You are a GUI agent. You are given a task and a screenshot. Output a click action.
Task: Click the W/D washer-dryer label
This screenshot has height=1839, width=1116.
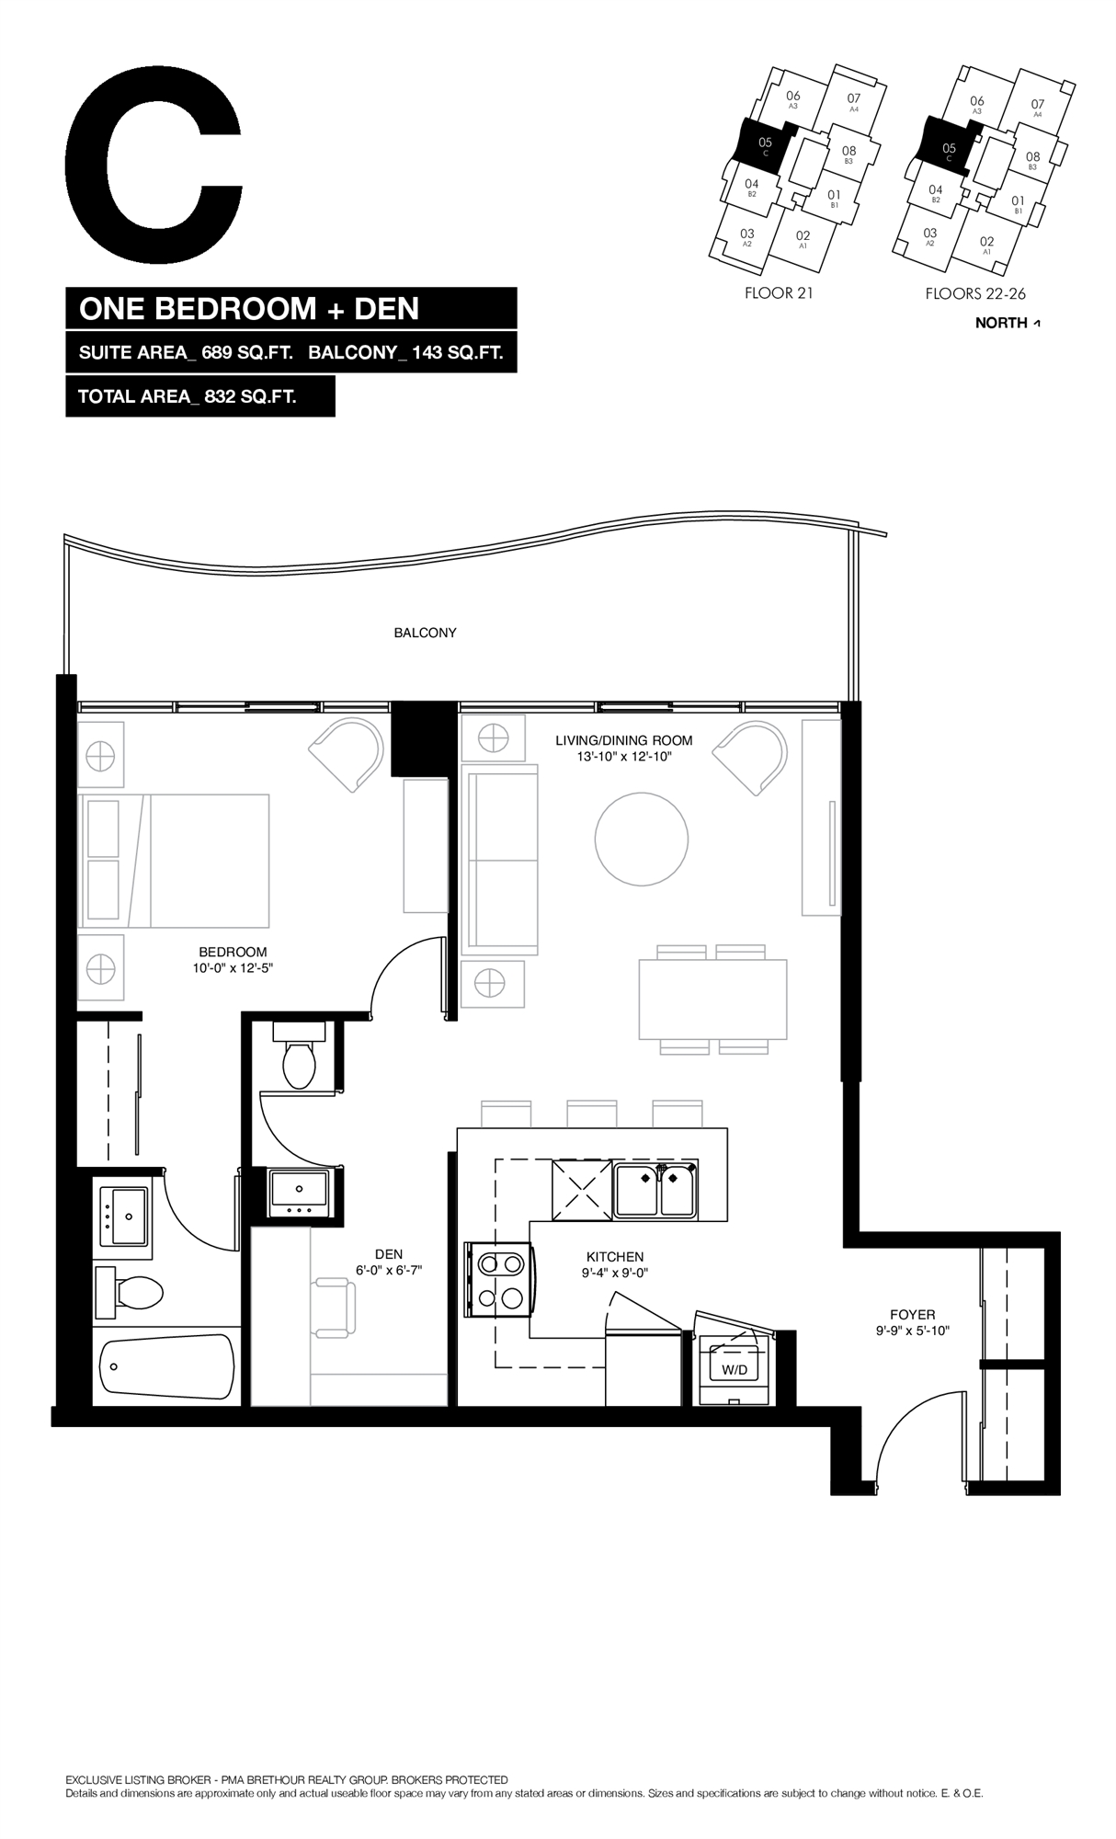pyautogui.click(x=735, y=1368)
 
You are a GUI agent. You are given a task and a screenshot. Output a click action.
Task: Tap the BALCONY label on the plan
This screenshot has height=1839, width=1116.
pyautogui.click(x=425, y=633)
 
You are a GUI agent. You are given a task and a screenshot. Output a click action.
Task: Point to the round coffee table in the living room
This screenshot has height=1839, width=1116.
pyautogui.click(x=642, y=840)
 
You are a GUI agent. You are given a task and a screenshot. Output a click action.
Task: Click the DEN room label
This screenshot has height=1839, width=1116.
pyautogui.click(x=389, y=1254)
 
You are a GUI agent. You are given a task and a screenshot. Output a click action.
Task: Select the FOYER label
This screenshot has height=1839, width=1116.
pyautogui.click(x=912, y=1315)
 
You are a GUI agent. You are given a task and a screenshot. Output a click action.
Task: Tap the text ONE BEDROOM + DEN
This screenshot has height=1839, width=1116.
pyautogui.click(x=249, y=308)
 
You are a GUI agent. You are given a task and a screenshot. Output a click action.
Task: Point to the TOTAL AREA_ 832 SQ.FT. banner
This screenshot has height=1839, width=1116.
pyautogui.click(x=200, y=397)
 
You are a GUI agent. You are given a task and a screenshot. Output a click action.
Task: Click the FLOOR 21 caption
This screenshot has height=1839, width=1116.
pyautogui.click(x=780, y=294)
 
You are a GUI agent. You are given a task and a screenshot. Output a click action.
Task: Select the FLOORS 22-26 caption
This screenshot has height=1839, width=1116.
pyautogui.click(x=974, y=294)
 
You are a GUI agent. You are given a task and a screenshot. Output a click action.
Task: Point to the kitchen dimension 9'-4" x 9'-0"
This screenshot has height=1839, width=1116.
pyautogui.click(x=615, y=1274)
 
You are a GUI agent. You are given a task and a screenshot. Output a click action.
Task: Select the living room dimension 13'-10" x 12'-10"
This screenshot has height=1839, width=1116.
pyautogui.click(x=623, y=755)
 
